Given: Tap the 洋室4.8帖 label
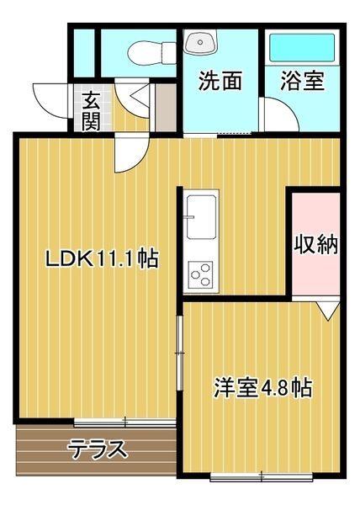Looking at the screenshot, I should click(262, 388).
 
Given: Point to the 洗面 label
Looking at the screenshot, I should click(220, 81).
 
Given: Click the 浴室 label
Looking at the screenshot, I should click(302, 81).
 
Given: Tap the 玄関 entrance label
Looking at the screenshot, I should click(91, 110).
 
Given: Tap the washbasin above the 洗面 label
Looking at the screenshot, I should click(201, 42).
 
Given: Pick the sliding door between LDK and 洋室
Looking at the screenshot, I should click(178, 353).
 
